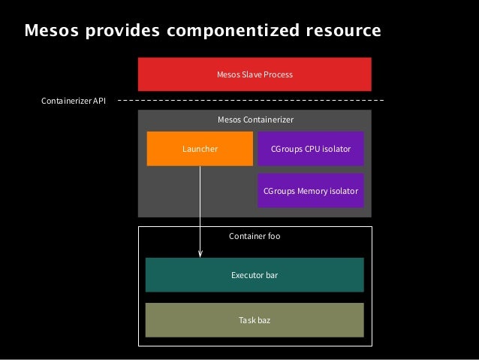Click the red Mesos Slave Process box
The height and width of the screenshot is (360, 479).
point(255,75)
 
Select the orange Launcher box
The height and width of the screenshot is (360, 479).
point(200,149)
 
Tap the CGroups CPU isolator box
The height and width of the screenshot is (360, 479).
point(311,149)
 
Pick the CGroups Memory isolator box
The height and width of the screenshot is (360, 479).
point(311,191)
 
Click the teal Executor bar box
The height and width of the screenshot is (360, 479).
point(255,275)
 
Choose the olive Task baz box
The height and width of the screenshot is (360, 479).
point(255,320)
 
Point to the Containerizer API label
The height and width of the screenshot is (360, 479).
point(74,101)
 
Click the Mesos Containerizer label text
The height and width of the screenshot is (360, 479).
point(255,119)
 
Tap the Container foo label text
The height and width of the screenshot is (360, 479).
point(255,236)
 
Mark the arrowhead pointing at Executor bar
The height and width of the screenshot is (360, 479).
point(200,255)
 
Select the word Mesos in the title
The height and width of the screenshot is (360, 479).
point(46,31)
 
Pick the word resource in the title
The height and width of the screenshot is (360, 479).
point(345,31)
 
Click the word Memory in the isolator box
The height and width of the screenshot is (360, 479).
point(312,191)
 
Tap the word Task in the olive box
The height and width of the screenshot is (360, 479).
point(246,320)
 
